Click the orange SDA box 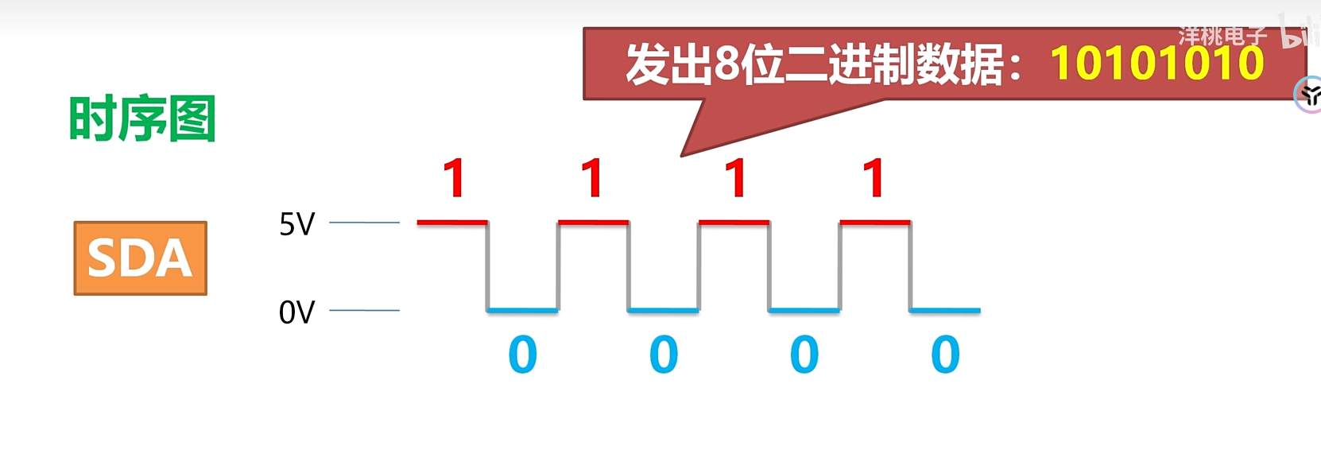[x=140, y=258]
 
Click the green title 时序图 [x=142, y=119]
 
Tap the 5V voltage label [x=296, y=224]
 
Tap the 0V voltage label [x=296, y=312]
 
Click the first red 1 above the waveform [x=454, y=178]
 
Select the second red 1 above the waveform [x=592, y=178]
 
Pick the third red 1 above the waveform [x=736, y=178]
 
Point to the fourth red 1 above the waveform [x=874, y=178]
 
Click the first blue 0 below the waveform [x=522, y=355]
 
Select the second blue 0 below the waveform [x=664, y=355]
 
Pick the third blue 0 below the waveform [x=804, y=355]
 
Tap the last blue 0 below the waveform [x=945, y=355]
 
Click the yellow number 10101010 [x=1156, y=64]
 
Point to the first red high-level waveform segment [x=451, y=222]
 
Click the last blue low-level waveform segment [x=945, y=310]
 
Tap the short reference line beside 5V [x=364, y=223]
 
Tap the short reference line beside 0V [x=364, y=310]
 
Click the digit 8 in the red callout [x=727, y=64]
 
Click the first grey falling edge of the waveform [x=487, y=266]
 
